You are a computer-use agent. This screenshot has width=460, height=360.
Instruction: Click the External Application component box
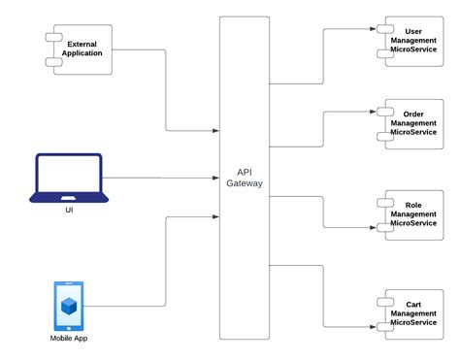coord(80,49)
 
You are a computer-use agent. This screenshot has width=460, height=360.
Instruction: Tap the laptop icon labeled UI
coord(67,177)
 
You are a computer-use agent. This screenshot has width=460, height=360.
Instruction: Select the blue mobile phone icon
coord(68,306)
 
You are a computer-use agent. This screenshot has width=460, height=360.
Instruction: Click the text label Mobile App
coord(68,338)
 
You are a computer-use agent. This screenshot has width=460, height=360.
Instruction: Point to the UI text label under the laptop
coord(68,210)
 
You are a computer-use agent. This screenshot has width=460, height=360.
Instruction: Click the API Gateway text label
coord(243,178)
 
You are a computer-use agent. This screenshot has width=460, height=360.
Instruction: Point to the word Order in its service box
coord(413,114)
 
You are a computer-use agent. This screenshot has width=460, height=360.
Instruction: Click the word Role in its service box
coord(413,206)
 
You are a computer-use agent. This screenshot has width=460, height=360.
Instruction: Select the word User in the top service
coord(413,31)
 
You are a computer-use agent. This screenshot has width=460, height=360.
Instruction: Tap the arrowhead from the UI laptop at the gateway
coord(216,178)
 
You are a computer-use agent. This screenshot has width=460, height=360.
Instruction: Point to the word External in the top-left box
coord(84,44)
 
